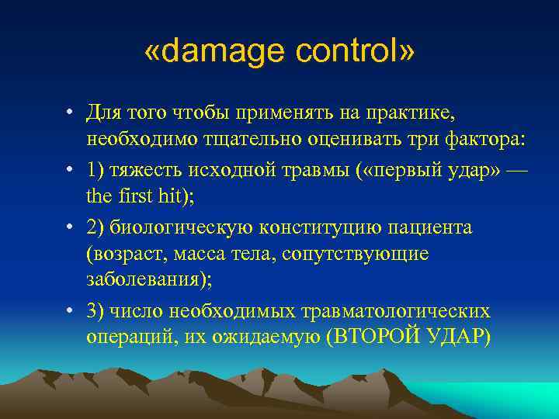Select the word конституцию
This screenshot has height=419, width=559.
coord(300,227)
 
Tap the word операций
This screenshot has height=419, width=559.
coord(123,338)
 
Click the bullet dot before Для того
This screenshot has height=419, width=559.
coord(69,114)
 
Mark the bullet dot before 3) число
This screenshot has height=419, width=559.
coord(69,311)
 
